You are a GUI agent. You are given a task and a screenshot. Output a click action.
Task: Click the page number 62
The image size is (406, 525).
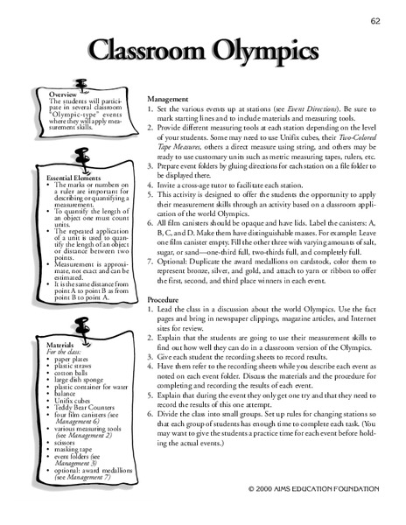pyautogui.click(x=374, y=21)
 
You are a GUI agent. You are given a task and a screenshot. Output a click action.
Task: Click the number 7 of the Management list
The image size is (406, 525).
pyautogui.click(x=150, y=246)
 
